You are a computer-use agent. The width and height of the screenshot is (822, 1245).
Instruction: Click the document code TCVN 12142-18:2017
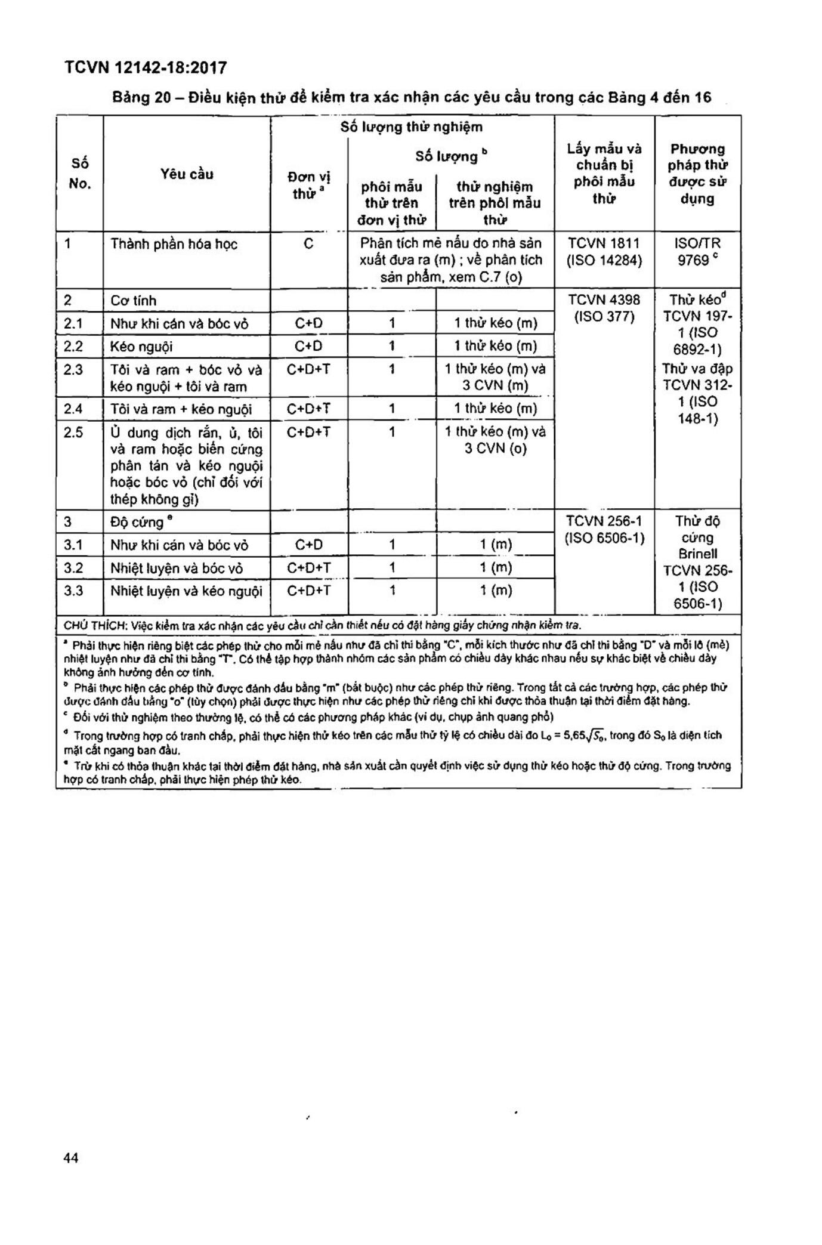146,68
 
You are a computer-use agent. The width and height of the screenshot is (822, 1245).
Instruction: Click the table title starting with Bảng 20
412,97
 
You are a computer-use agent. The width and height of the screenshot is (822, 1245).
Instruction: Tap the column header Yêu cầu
187,174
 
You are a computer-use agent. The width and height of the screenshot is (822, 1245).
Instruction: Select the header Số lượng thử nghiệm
412,127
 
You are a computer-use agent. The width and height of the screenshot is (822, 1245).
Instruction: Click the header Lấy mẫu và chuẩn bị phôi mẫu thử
604,174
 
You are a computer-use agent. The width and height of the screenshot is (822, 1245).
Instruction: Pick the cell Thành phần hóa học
174,244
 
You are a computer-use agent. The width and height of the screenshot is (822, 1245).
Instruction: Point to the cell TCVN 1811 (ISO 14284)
604,252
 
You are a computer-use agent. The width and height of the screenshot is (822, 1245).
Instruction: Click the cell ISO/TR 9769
697,252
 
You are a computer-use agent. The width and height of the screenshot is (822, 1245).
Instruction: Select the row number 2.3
73,370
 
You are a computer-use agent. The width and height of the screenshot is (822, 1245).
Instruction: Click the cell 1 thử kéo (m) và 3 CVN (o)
495,440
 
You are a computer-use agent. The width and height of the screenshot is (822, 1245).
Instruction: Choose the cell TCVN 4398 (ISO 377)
604,308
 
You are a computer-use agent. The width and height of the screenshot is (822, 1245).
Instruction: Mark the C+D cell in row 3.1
308,545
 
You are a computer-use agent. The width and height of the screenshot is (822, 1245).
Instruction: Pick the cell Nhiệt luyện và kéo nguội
186,591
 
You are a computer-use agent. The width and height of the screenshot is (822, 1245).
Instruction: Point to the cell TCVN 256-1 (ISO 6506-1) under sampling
604,529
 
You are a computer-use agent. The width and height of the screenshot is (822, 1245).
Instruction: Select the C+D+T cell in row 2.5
308,432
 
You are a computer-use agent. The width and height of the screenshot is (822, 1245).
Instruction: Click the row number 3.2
73,568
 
